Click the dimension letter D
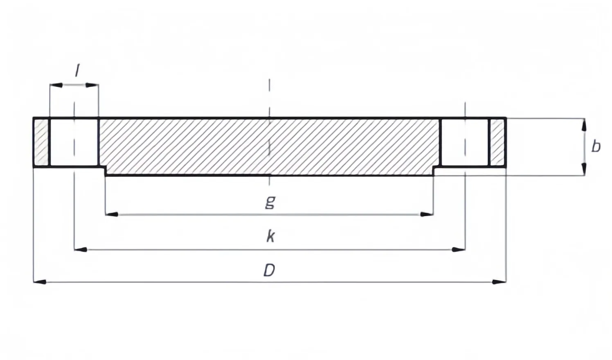[270, 270]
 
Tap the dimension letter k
[270, 236]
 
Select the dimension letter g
[270, 202]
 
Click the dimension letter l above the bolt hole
[77, 70]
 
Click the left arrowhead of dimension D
[40, 281]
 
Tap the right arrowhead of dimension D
[500, 281]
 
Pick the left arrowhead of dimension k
[81, 250]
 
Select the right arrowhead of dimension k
[459, 250]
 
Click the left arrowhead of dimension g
[112, 214]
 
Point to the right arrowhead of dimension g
[427, 214]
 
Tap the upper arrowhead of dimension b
[584, 125]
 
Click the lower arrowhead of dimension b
[584, 169]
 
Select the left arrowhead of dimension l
[56, 85]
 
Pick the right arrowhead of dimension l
[92, 85]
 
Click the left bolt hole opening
[74, 142]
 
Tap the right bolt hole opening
[465, 142]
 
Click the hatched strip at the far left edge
[41, 142]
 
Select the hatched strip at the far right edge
[497, 142]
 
